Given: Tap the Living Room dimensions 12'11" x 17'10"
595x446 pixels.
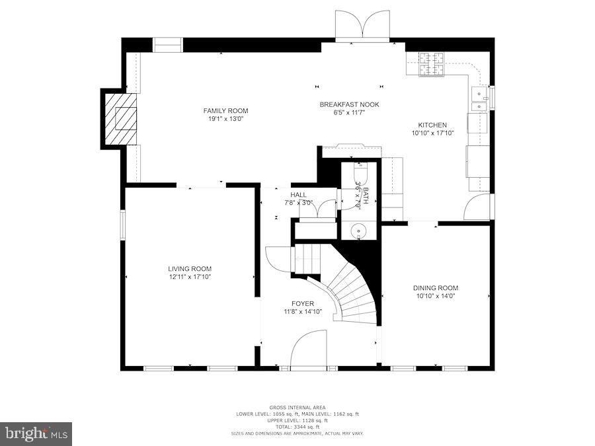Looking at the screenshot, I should click(190, 277).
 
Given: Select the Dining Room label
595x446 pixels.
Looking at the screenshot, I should click(436, 288).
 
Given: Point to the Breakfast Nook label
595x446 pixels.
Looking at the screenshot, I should click(349, 104).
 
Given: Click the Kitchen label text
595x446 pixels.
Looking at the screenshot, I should click(432, 125).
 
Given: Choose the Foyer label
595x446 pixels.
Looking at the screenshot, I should click(303, 304).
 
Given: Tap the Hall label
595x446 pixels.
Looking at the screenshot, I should click(298, 195).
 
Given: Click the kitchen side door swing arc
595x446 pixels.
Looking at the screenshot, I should click(477, 207).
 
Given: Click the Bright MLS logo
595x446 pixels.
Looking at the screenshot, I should click(36, 434).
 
